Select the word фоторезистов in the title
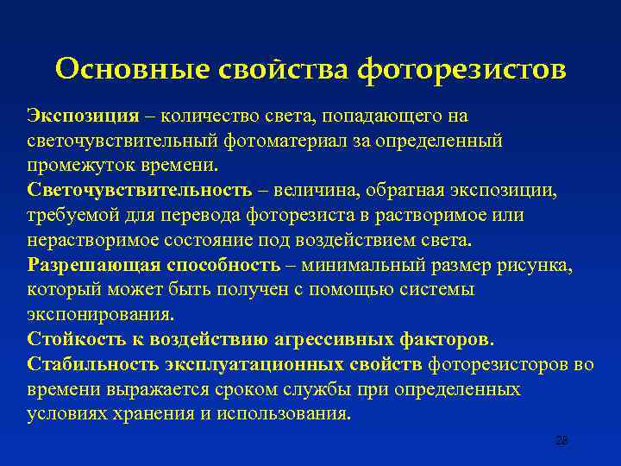(x=462, y=68)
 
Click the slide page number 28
(x=561, y=440)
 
